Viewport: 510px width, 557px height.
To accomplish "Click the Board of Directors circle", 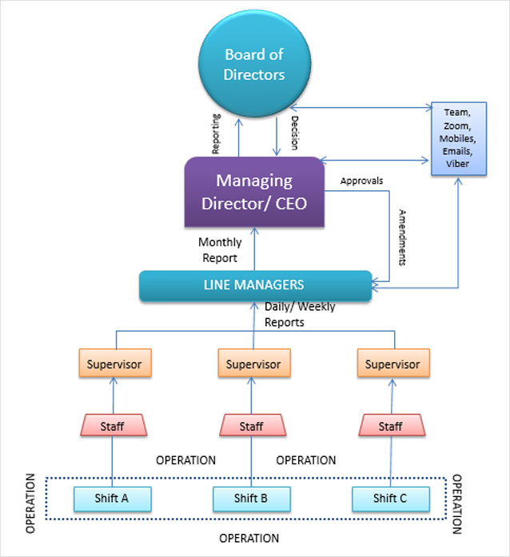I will point(255,66).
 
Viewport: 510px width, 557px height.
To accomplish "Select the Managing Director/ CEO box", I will point(255,192).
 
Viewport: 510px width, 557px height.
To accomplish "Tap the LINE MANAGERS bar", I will point(255,285).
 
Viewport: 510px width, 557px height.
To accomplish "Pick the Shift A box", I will point(114,498).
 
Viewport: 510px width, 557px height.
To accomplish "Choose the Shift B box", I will point(251,498).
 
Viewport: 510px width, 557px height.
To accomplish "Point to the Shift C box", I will point(390,498).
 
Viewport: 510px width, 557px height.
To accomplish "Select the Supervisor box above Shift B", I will point(253,364).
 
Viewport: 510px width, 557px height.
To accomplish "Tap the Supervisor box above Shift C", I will point(392,364).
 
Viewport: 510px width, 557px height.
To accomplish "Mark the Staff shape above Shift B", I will point(252,426).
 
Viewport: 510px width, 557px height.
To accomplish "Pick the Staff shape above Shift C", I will point(391,426).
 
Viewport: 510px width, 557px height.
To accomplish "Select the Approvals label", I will point(361,181).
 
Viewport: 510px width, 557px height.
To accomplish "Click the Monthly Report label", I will point(218,250).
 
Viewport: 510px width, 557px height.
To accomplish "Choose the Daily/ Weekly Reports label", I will point(300,315).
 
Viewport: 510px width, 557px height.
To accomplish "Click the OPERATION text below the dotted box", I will point(249,538).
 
